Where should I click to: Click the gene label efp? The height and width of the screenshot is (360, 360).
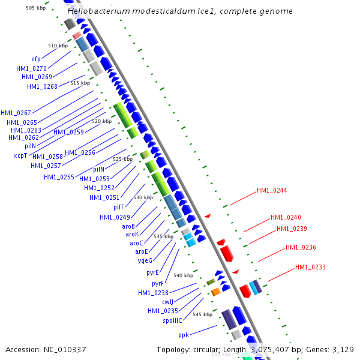[x=36, y=59]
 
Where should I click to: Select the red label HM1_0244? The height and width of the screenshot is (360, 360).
[x=272, y=191]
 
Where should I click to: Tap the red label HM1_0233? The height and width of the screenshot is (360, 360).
[x=310, y=268]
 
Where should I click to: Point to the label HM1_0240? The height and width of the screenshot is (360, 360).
[x=286, y=217]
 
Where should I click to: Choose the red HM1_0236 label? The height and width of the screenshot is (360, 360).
[x=301, y=247]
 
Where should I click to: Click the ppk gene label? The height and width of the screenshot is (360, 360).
[x=184, y=334]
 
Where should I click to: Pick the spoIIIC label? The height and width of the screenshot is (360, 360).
[x=172, y=320]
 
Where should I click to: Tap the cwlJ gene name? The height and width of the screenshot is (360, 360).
[x=167, y=302]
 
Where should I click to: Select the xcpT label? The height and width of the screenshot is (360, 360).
[x=20, y=155]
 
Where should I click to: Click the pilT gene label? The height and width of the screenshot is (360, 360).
[x=118, y=207]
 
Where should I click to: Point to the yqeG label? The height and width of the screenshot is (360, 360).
[x=145, y=260]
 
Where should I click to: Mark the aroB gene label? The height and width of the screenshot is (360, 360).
[x=128, y=226]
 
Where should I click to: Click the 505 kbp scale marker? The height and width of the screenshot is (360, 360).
[x=36, y=8]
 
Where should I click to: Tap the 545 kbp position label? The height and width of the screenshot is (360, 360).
[x=203, y=314]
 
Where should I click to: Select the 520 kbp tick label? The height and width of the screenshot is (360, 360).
[x=102, y=121]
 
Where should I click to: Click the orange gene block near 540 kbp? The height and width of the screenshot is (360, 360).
[x=216, y=292]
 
